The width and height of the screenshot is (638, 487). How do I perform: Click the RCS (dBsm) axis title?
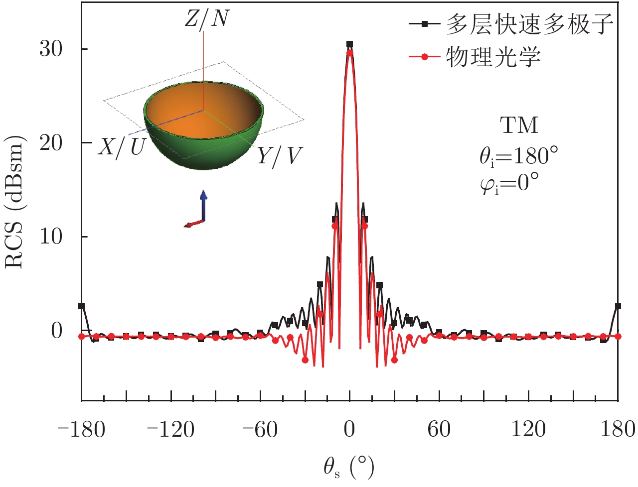[x=15, y=204]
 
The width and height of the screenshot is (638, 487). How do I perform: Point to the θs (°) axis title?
[x=348, y=467]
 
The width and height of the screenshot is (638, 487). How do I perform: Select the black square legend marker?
[x=425, y=24]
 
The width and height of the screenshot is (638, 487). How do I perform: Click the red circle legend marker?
[x=425, y=57]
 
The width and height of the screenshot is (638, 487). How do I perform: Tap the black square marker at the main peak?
[x=349, y=44]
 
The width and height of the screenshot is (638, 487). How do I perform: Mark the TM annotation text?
[x=519, y=125]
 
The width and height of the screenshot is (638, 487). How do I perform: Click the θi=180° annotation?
[x=519, y=156]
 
